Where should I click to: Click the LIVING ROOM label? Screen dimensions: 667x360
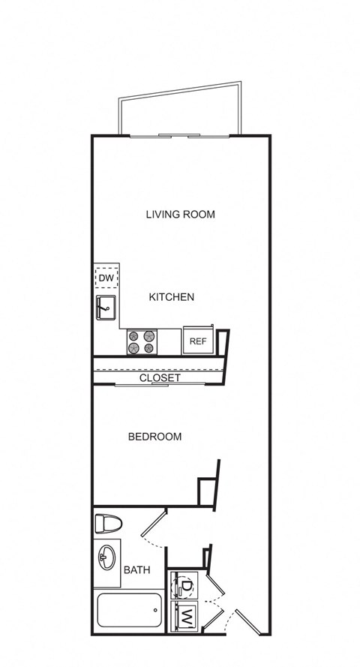(180, 215)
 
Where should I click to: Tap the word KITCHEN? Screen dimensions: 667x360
(172, 297)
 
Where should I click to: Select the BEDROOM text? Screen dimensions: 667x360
(154, 437)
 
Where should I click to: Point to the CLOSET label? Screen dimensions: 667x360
(160, 378)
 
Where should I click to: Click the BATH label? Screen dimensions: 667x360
(136, 570)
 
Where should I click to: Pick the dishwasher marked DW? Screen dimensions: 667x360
(106, 279)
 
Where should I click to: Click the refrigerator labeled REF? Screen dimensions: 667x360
(198, 341)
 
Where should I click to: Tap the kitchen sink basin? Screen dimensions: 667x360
(105, 308)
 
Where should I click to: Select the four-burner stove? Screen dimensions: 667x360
(142, 342)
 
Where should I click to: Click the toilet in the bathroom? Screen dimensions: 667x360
(108, 524)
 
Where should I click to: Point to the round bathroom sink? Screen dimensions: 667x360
(106, 557)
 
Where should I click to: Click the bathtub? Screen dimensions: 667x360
(129, 611)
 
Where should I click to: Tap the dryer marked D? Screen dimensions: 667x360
(184, 584)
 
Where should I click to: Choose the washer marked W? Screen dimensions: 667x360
(184, 617)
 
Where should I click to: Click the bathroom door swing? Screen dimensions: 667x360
(154, 528)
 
